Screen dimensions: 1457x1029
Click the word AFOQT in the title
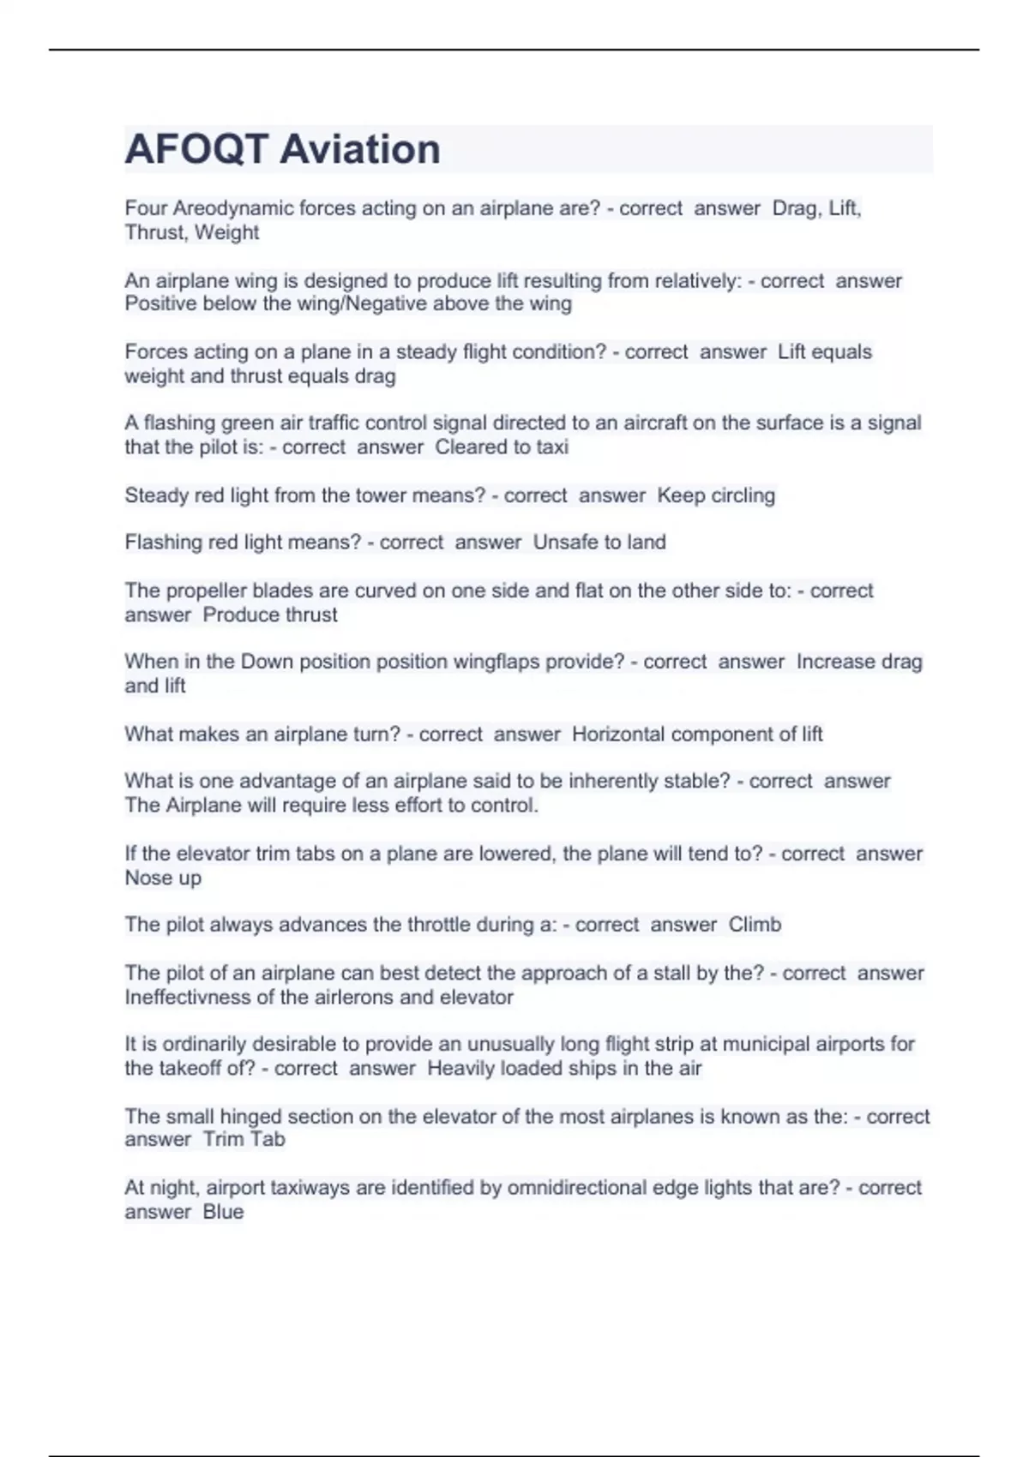(x=196, y=149)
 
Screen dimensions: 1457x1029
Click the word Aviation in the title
(x=360, y=149)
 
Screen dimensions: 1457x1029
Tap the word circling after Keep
(x=737, y=495)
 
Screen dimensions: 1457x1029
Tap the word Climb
(x=755, y=925)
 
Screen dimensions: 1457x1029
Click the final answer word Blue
(x=223, y=1212)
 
